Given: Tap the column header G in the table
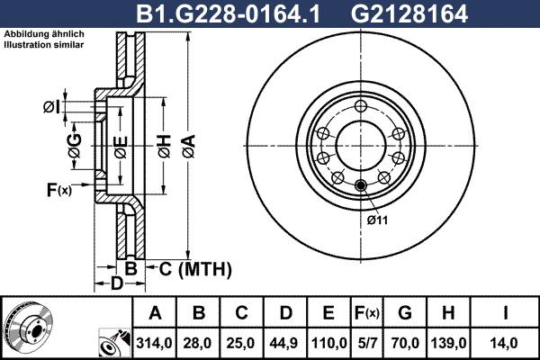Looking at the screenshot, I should (405, 313).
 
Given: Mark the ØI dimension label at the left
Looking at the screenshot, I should (51, 108).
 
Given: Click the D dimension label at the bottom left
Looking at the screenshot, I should (115, 284).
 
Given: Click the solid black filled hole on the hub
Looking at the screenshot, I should (362, 185).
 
